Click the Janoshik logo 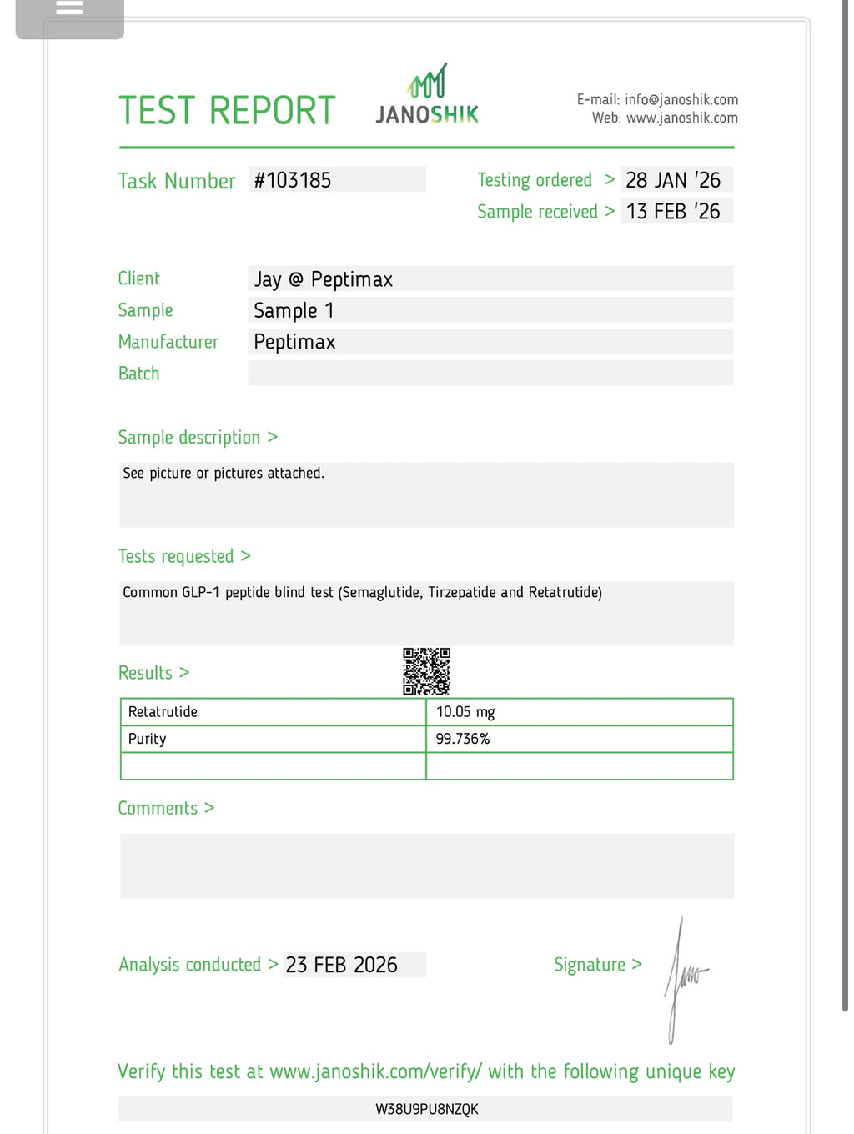[x=427, y=95]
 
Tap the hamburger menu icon [x=69, y=8]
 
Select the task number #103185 [x=293, y=180]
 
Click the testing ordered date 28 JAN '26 [x=673, y=180]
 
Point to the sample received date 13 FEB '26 [x=673, y=212]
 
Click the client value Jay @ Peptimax [x=324, y=279]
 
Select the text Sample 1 [x=294, y=311]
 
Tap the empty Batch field [x=490, y=374]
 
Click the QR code [x=427, y=671]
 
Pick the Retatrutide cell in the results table [x=163, y=712]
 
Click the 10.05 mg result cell [x=465, y=712]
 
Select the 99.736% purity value [x=463, y=739]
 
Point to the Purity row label [x=148, y=739]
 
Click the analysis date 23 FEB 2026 [x=342, y=965]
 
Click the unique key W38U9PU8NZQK [x=427, y=1109]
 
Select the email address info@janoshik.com [x=681, y=100]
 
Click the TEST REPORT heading [x=227, y=111]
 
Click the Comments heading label [x=158, y=808]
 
